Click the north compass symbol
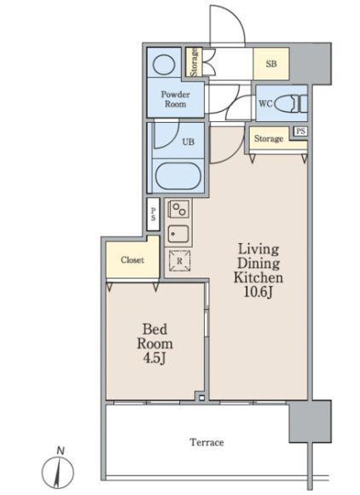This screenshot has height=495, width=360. coord(58,469)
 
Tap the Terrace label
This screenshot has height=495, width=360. coord(206,442)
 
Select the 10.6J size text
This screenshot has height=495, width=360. coord(258,292)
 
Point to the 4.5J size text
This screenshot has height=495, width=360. coord(154,358)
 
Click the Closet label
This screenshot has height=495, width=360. coord(132,259)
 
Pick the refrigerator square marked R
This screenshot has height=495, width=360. coord(179,261)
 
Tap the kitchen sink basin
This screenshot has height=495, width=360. coord(178,234)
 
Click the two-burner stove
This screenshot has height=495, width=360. coord(179,209)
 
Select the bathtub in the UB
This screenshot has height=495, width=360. coord(178,176)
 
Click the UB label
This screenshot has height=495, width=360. coord(188,142)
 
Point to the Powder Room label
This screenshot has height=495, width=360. coord(176,99)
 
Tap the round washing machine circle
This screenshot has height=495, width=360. coord(164,64)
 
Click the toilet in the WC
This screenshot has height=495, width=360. coord(291,103)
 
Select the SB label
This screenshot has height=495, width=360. coord(271,64)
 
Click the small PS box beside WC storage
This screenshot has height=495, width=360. coord(300,131)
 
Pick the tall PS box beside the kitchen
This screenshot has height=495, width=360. coord(154,214)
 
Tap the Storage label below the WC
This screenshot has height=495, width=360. coord(269,138)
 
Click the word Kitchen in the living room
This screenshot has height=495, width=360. coord(258,277)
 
